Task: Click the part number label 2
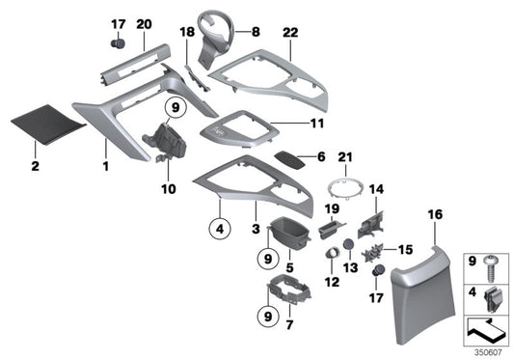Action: click(35, 167)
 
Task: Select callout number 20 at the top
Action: click(145, 24)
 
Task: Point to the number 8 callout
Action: click(256, 33)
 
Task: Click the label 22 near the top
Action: click(290, 34)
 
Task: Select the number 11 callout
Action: click(289, 124)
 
